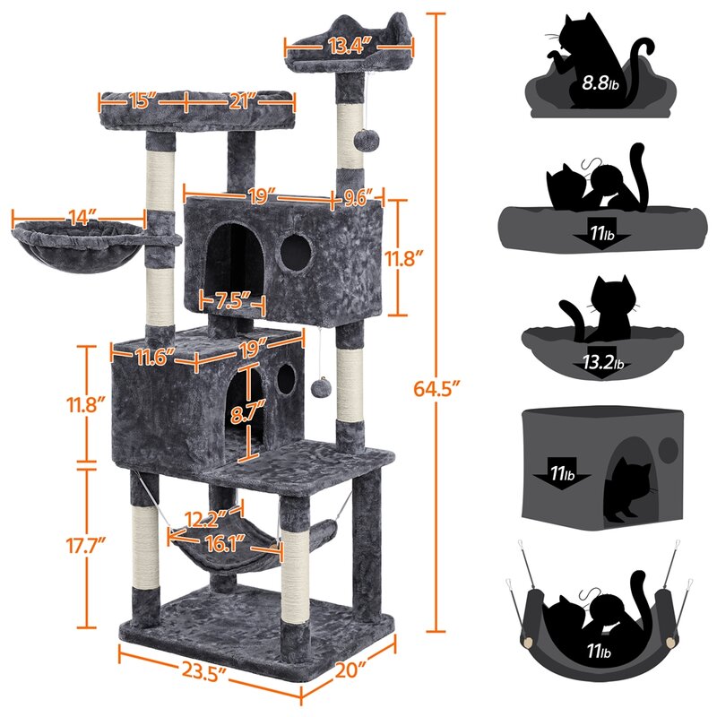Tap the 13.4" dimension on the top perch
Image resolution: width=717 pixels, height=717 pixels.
click(x=350, y=47)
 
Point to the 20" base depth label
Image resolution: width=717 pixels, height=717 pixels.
click(x=351, y=669)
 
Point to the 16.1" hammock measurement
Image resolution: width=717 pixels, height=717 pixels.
click(x=224, y=540)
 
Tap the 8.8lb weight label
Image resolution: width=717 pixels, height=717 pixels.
click(x=599, y=84)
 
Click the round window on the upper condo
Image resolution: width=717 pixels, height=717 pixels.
click(x=291, y=254)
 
